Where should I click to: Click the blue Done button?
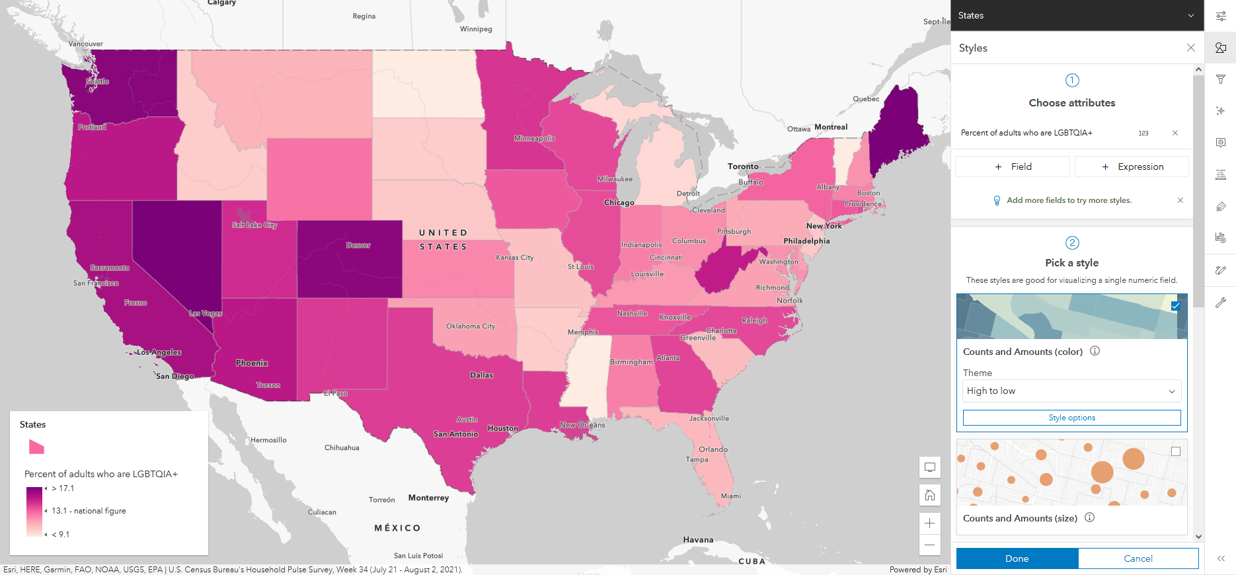click(1017, 558)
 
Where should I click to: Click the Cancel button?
click(1138, 558)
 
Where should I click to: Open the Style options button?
click(1071, 418)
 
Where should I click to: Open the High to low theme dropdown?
click(1071, 391)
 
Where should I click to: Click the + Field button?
click(1013, 167)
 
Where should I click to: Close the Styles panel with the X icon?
click(1190, 48)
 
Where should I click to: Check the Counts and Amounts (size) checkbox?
click(1175, 451)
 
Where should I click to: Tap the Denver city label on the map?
click(358, 245)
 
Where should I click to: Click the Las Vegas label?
click(205, 313)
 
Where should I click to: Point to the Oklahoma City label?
click(470, 326)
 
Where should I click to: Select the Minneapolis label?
click(534, 139)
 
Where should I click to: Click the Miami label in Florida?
click(730, 496)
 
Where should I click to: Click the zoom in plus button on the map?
click(929, 523)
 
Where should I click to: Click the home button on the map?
click(929, 495)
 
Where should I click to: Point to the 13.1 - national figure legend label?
click(89, 511)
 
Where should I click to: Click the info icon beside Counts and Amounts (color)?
click(1095, 351)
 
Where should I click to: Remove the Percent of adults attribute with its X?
click(1175, 133)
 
